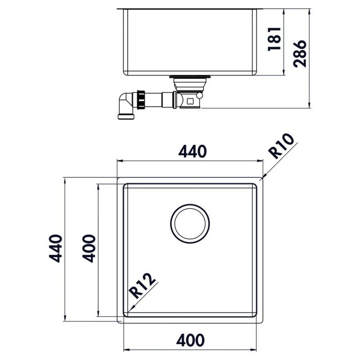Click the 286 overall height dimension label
click(299, 53)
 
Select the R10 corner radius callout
click(282, 146)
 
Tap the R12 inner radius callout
click(143, 286)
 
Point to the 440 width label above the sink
click(192, 152)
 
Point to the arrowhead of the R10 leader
click(264, 177)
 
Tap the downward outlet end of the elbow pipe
click(126, 117)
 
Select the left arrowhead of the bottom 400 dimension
click(126, 349)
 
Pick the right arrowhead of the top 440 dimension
click(261, 161)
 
